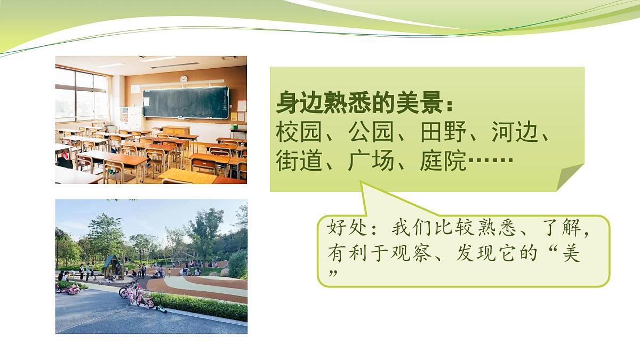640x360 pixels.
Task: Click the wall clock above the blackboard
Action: (x=183, y=78)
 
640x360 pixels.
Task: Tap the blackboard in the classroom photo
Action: (x=185, y=103)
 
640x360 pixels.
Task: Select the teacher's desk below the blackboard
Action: (x=176, y=130)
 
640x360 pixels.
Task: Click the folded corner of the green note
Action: (x=569, y=177)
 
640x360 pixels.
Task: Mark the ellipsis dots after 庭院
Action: (x=490, y=161)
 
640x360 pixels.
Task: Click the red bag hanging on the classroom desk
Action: (x=66, y=154)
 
